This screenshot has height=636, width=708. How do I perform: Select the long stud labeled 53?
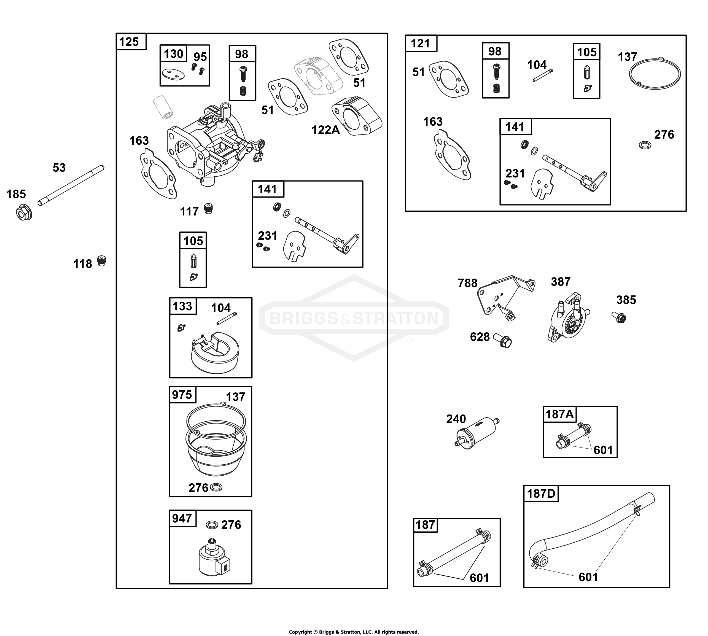[x=71, y=185]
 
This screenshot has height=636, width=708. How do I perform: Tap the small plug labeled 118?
[x=101, y=261]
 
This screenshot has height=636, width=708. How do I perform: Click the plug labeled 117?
[x=208, y=209]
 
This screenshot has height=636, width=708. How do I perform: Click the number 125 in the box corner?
[x=129, y=42]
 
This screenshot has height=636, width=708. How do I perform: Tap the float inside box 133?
[x=215, y=353]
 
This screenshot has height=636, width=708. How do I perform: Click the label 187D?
[x=541, y=494]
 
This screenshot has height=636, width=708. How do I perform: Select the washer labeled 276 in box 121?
[x=645, y=145]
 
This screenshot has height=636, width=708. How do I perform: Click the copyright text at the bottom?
[x=354, y=632]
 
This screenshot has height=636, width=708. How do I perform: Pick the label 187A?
[x=560, y=414]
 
